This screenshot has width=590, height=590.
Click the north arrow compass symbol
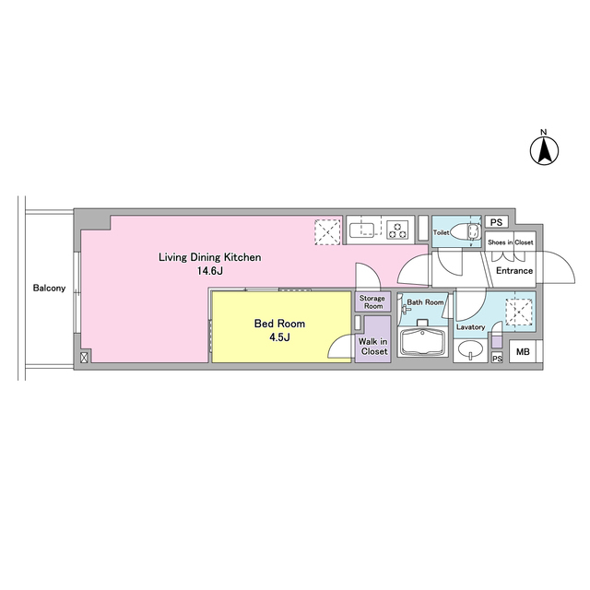(544, 150)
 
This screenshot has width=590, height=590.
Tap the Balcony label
(49, 289)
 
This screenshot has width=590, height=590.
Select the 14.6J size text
(210, 271)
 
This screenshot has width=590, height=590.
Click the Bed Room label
(279, 324)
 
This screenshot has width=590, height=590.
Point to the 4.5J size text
(279, 337)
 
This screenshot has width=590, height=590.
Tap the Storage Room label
(372, 302)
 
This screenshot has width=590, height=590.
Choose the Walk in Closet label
(372, 347)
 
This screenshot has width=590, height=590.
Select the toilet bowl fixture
(466, 232)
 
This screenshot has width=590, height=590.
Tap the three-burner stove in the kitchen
(397, 230)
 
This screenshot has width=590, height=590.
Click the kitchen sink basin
(361, 230)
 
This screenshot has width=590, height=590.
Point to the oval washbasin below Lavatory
(471, 349)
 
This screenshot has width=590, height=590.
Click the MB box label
(523, 352)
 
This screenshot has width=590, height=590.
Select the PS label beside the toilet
(496, 222)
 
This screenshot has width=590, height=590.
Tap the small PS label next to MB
(497, 359)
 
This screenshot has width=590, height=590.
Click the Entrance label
(514, 271)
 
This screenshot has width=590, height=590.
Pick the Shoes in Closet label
(510, 242)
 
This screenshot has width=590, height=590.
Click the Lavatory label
(471, 327)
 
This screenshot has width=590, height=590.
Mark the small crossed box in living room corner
(84, 358)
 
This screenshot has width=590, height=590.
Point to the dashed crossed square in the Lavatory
(519, 312)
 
